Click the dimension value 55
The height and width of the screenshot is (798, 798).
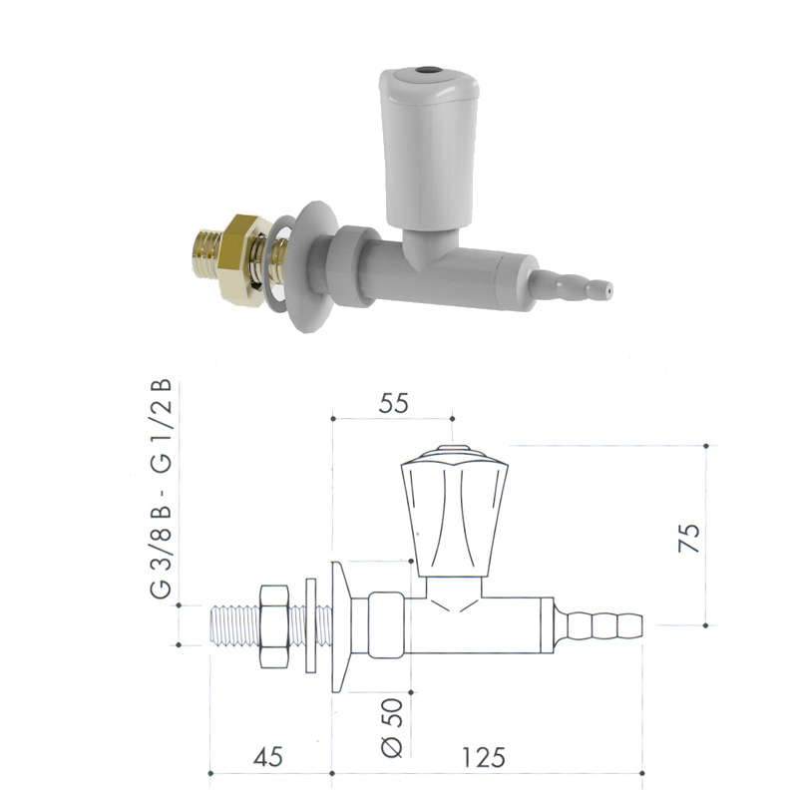pos(393,403)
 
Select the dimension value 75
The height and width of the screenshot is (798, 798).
pos(689,538)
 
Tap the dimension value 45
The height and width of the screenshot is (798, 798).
pos(267,757)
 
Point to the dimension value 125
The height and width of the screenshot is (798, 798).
pos(483,757)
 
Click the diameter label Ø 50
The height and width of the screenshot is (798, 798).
pos(392,727)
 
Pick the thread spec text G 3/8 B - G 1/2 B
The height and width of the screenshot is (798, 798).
pos(162,489)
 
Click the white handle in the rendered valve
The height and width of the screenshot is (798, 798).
pos(429,148)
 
